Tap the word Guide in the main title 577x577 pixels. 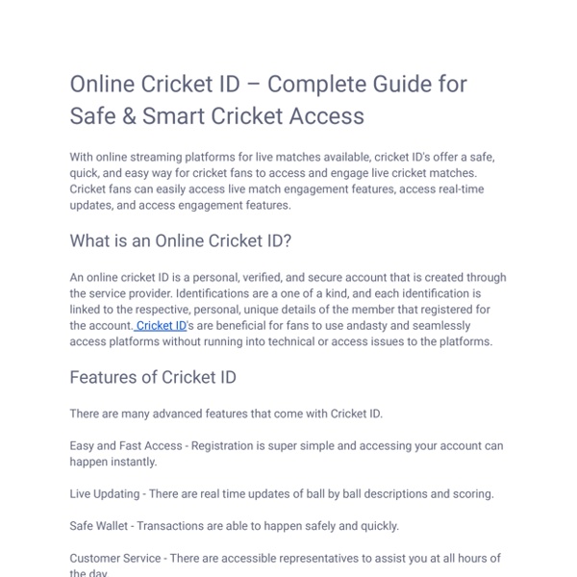394,84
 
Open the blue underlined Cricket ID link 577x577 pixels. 162,326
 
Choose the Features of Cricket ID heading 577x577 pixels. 153,377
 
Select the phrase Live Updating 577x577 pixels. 106,494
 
